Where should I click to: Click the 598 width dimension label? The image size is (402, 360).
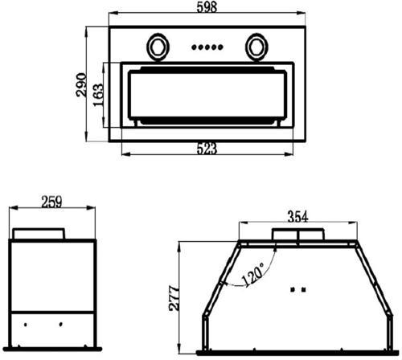click(207, 7)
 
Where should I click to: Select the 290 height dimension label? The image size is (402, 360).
click(81, 84)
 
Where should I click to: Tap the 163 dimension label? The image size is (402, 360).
click(98, 95)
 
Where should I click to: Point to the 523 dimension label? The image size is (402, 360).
click(207, 149)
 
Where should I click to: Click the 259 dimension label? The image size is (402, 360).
click(51, 202)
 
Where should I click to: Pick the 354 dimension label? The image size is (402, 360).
click(297, 216)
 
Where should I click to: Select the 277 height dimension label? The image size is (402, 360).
click(174, 298)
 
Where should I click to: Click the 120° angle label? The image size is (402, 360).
click(252, 275)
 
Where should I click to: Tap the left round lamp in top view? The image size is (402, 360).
click(158, 47)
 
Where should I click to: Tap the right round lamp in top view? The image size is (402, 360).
click(256, 47)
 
